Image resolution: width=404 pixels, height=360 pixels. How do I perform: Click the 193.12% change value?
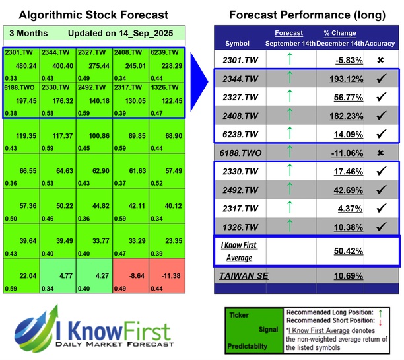tap(341, 79)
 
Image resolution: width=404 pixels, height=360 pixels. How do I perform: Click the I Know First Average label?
tap(240, 251)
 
